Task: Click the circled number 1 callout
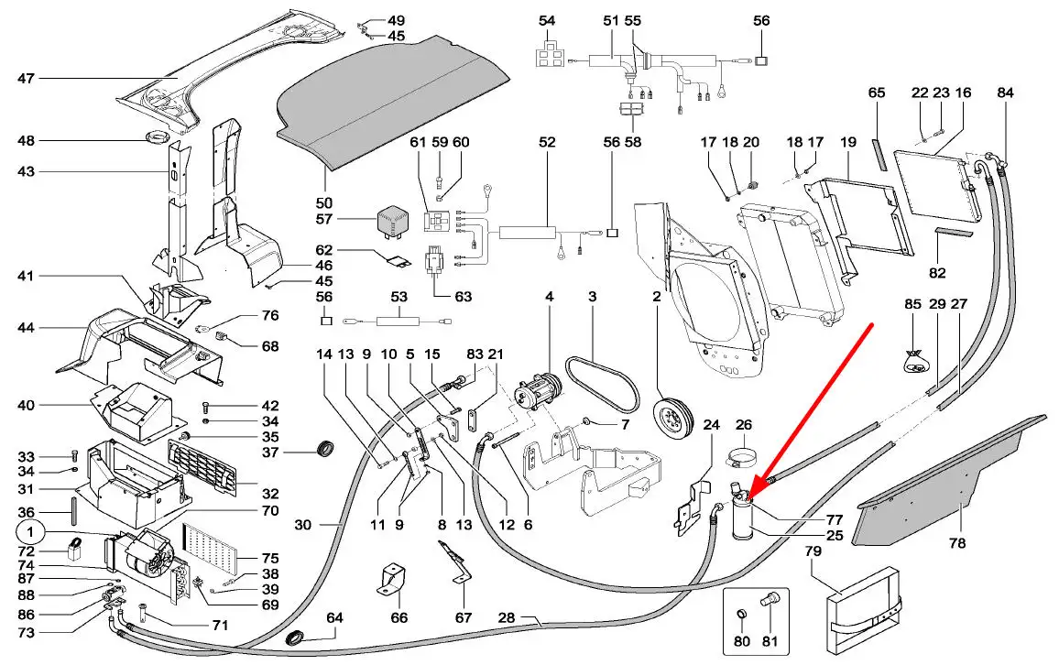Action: (30, 531)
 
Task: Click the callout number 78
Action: (956, 543)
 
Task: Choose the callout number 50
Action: (324, 202)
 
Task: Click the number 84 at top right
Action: (1006, 93)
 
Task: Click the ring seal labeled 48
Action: (158, 140)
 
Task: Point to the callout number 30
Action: (303, 525)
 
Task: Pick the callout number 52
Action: (547, 143)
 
